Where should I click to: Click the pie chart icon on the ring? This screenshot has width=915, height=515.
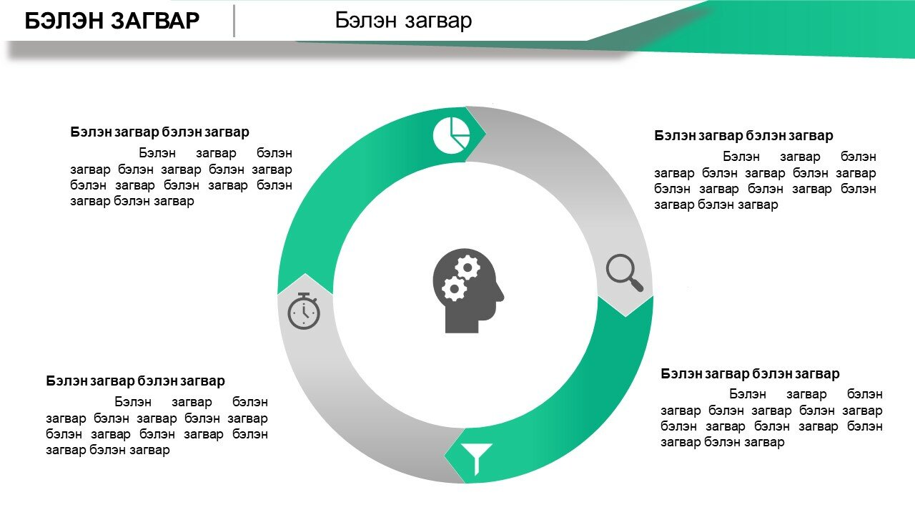pyautogui.click(x=451, y=135)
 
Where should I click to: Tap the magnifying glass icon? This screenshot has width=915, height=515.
pyautogui.click(x=625, y=273)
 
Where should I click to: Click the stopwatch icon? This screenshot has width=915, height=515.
pyautogui.click(x=304, y=310)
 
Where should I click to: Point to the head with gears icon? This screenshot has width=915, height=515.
pyautogui.click(x=468, y=290)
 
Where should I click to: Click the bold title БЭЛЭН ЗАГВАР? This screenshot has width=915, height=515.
pyautogui.click(x=112, y=21)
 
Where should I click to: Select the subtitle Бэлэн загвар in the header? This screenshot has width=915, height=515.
pyautogui.click(x=403, y=20)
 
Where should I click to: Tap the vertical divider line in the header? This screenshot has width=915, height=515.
pyautogui.click(x=234, y=21)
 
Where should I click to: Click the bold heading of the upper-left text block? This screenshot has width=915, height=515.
pyautogui.click(x=159, y=132)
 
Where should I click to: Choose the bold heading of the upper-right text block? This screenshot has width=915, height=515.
pyautogui.click(x=743, y=135)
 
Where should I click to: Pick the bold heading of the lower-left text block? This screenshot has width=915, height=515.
pyautogui.click(x=135, y=381)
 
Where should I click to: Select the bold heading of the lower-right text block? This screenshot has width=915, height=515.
pyautogui.click(x=750, y=373)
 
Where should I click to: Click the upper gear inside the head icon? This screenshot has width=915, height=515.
pyautogui.click(x=468, y=268)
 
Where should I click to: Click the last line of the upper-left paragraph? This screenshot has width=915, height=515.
pyautogui.click(x=132, y=202)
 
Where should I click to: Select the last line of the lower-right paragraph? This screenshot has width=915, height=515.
pyautogui.click(x=723, y=442)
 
